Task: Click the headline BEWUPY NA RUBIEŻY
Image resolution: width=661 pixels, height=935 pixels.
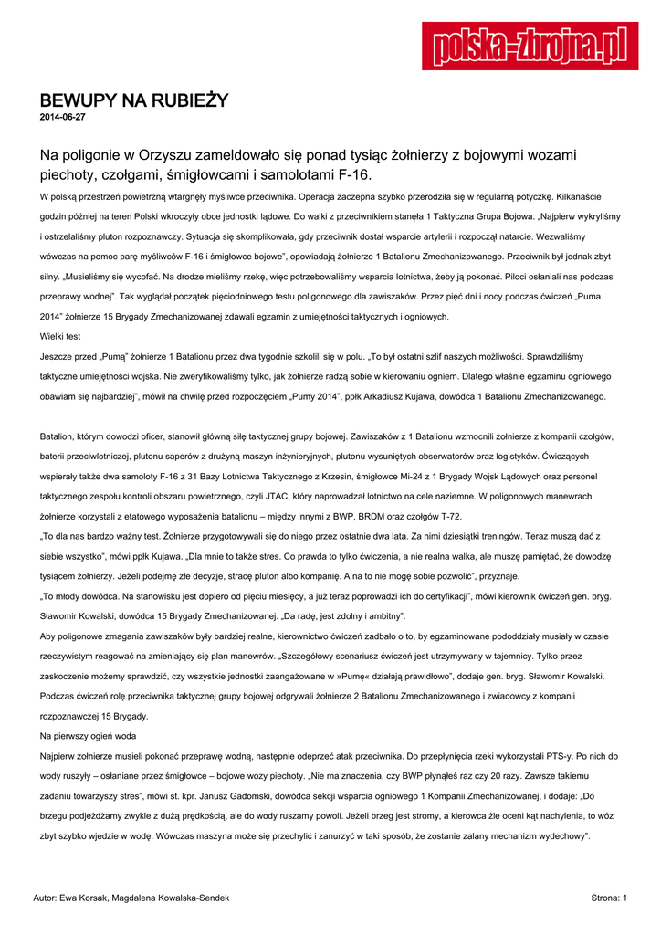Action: tap(132, 100)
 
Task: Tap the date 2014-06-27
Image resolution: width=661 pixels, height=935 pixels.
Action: tap(63, 118)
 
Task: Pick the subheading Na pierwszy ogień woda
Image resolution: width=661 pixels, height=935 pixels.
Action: tap(89, 734)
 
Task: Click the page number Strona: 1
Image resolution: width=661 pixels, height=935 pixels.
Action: tap(609, 898)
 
